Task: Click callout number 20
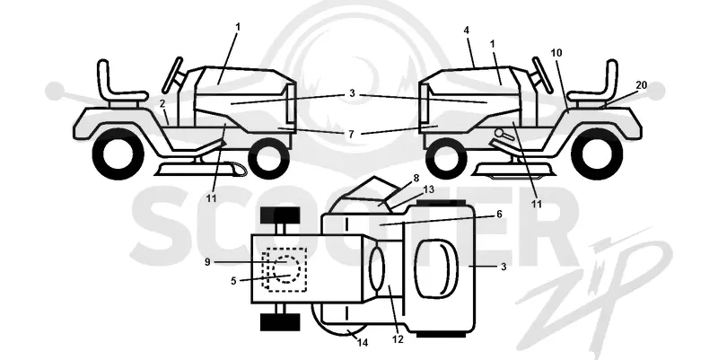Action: [x=641, y=85]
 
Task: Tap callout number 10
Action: [x=556, y=53]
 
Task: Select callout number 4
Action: [x=466, y=31]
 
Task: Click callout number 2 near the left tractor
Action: [x=162, y=104]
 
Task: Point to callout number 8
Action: [x=416, y=179]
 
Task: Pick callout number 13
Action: [x=429, y=189]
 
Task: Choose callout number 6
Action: [x=499, y=214]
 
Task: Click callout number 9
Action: [x=207, y=262]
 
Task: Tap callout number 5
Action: [x=233, y=281]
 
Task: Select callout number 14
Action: [x=363, y=343]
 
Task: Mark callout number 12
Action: [x=398, y=340]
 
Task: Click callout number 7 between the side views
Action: [x=351, y=134]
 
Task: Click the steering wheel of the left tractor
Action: [x=172, y=75]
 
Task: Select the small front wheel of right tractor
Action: [x=443, y=159]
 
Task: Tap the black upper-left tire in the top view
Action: [x=280, y=215]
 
